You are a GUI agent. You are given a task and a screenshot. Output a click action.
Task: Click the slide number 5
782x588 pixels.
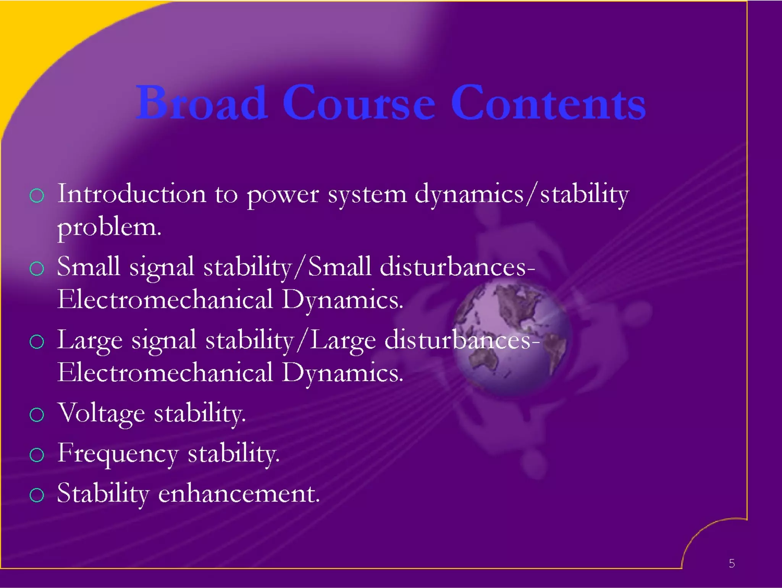(x=732, y=563)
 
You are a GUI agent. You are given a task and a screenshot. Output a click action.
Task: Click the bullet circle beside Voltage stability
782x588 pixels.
(x=37, y=415)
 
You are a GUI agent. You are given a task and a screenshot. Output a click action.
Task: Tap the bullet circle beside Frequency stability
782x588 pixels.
(x=37, y=455)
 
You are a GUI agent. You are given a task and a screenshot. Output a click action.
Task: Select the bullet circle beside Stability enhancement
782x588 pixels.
(x=37, y=495)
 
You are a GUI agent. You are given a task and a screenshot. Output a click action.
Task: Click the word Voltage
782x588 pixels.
(x=101, y=414)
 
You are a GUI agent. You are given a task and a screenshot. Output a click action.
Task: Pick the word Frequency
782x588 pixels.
(x=118, y=454)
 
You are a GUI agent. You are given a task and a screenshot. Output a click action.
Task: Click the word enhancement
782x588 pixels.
(x=239, y=494)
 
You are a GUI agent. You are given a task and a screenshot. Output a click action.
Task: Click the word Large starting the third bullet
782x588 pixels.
(x=90, y=340)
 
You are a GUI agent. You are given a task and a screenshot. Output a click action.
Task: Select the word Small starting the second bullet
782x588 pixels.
(x=89, y=266)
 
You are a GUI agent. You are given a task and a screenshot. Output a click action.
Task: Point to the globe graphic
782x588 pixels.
(x=512, y=338)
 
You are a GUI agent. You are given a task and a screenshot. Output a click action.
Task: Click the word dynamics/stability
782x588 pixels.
(x=522, y=194)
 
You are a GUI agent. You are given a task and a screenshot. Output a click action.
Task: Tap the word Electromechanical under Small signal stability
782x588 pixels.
(x=165, y=300)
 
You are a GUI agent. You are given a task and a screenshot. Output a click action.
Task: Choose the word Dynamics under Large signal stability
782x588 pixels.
(x=342, y=373)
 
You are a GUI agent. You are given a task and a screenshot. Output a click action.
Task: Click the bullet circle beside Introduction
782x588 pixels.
(x=37, y=196)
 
